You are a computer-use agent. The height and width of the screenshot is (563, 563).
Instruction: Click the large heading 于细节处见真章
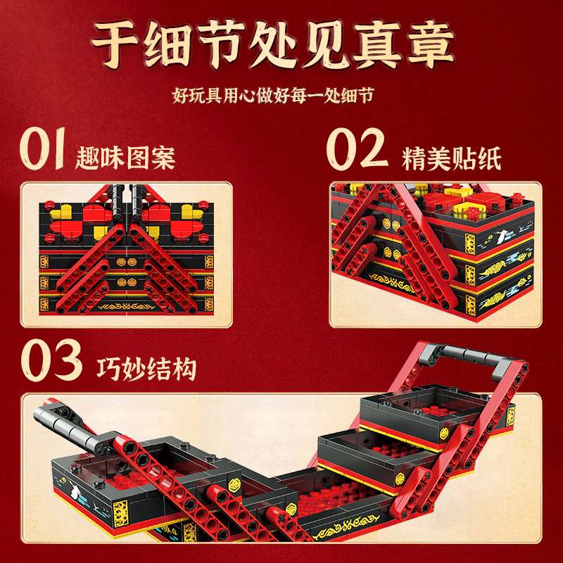click(273, 45)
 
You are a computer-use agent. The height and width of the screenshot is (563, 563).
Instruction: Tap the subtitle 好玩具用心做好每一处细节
click(273, 96)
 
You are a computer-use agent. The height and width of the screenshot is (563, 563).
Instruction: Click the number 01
click(43, 148)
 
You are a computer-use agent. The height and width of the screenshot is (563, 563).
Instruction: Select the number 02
click(358, 148)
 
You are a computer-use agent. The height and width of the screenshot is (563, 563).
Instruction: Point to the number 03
click(51, 360)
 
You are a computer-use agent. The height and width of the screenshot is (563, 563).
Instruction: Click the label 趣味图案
click(125, 158)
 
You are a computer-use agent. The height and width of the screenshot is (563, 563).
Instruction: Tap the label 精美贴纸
click(451, 159)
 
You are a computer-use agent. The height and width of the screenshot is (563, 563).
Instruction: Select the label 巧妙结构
click(146, 369)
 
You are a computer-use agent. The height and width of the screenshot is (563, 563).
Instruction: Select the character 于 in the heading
click(115, 44)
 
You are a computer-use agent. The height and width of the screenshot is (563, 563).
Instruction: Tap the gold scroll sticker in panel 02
click(391, 282)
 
